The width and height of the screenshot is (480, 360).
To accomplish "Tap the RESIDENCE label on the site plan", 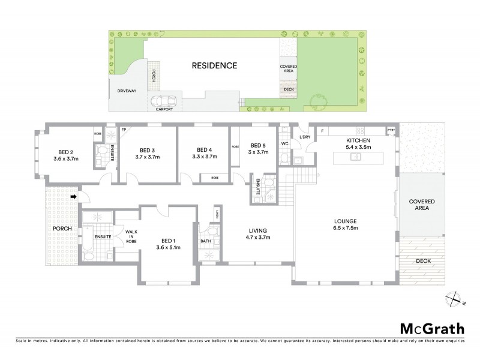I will (x=214, y=65).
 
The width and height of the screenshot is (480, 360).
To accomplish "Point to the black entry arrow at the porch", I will (x=73, y=196).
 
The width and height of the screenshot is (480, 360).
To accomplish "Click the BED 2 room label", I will (x=65, y=151).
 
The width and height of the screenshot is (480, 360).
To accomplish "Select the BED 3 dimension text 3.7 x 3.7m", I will (x=148, y=157).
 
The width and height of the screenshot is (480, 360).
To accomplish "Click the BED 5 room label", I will (x=258, y=145).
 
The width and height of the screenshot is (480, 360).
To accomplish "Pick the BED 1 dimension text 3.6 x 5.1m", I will (x=168, y=247).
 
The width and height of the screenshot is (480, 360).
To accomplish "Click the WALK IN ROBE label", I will (x=130, y=238).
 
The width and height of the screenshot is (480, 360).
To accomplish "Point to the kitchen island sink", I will (x=356, y=157).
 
